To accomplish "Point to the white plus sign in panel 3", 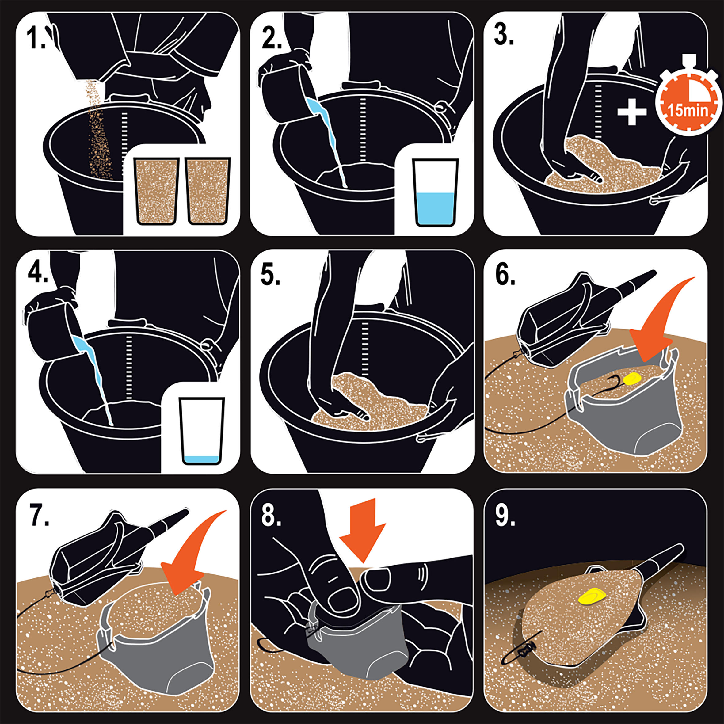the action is [632, 111].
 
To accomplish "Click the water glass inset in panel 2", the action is [435, 192].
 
